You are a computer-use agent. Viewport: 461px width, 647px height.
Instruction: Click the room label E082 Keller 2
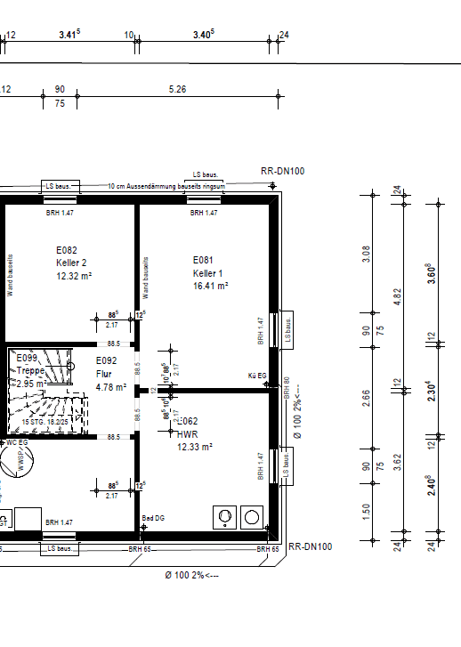[x=71, y=256]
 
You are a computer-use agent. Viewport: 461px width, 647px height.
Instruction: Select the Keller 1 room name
[x=207, y=273]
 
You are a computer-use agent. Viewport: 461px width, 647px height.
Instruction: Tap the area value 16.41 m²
[x=211, y=287]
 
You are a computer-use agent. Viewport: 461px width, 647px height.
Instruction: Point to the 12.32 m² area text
[x=74, y=276]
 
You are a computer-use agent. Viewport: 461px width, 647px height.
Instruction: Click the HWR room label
[x=187, y=433]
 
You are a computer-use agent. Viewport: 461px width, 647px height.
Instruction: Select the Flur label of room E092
[x=103, y=375]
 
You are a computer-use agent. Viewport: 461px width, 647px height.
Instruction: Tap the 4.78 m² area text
[x=110, y=387]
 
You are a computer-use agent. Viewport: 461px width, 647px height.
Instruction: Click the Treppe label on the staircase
[x=31, y=370]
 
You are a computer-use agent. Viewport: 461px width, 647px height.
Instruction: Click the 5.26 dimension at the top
[x=177, y=89]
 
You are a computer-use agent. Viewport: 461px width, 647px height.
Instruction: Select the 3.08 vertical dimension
[x=366, y=255]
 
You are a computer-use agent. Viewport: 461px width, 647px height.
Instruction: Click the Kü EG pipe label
[x=257, y=376]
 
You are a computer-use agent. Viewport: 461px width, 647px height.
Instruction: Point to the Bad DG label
[x=154, y=517]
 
